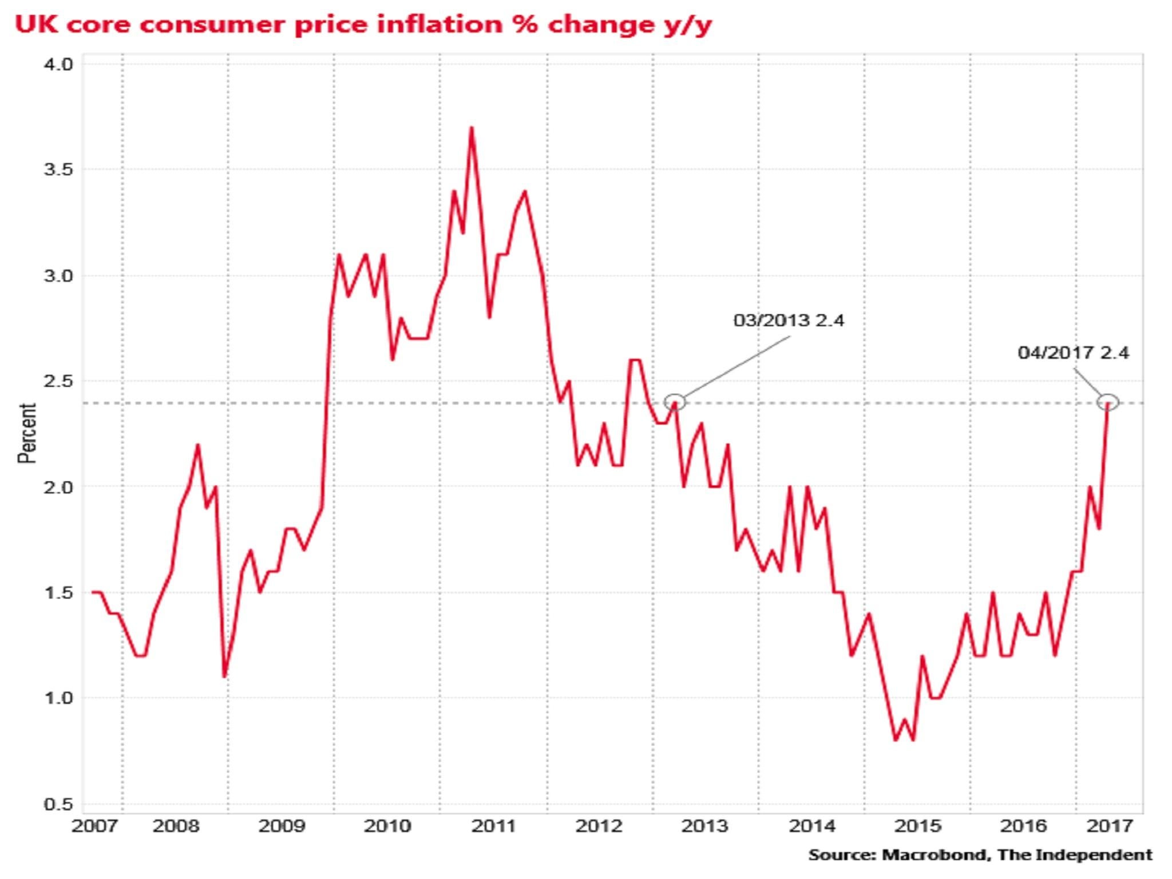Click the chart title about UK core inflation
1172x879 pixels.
pos(363,25)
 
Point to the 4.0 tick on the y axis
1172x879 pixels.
pos(58,64)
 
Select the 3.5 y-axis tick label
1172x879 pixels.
pos(58,169)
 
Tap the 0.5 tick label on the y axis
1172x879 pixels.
pos(58,804)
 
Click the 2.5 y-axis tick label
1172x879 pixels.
pos(58,381)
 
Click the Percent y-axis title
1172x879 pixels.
pos(27,433)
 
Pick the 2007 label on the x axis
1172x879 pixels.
pos(94,826)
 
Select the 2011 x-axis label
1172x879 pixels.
pos(493,826)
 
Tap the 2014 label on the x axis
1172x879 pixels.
pos(811,826)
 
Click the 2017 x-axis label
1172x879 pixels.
pos(1109,826)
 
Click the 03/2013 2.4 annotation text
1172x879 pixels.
pos(789,320)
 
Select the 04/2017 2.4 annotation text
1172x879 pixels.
pos(1073,353)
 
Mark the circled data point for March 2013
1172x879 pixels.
pos(675,402)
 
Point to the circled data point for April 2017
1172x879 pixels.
pos(1108,402)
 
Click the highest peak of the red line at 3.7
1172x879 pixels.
pos(471,128)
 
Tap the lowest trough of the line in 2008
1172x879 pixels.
pos(224,677)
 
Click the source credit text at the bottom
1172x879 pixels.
pos(980,856)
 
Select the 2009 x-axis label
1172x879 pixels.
pos(282,826)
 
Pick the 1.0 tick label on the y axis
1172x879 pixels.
pos(58,698)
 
